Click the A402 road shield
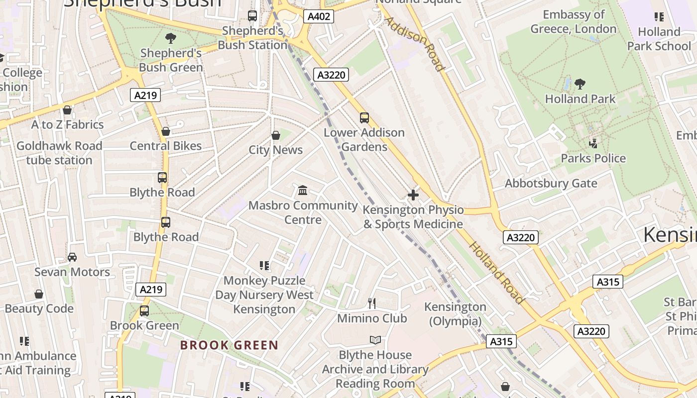[319, 16]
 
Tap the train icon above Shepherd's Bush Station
[252, 16]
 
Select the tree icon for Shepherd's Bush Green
[171, 38]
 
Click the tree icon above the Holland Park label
[580, 84]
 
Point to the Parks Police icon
[593, 144]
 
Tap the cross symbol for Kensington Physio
[413, 195]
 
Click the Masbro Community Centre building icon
[302, 190]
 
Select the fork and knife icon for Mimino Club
[371, 302]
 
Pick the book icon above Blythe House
[375, 340]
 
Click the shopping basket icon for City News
[275, 135]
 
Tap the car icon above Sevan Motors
[72, 257]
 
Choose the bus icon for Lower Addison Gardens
[364, 118]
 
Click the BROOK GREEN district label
[229, 345]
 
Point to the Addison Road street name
[414, 44]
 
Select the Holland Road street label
[496, 273]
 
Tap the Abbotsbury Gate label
[551, 184]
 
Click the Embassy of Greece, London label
[574, 22]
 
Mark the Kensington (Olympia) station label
[455, 314]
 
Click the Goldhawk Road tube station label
[59, 153]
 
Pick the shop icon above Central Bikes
[166, 131]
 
